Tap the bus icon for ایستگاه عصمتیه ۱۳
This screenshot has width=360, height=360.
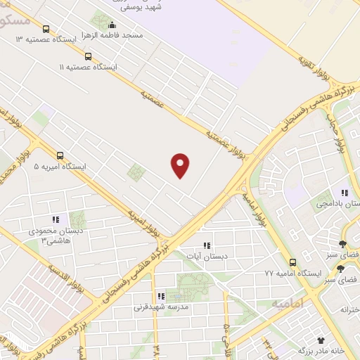click(x=46, y=29)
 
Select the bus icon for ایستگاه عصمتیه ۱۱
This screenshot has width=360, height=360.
click(x=88, y=56)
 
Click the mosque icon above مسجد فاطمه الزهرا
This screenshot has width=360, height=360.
click(x=112, y=25)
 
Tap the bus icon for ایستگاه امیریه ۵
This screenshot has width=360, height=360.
click(x=60, y=156)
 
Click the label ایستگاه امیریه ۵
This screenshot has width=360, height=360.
click(x=60, y=167)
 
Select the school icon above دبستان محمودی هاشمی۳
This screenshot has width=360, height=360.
click(x=56, y=219)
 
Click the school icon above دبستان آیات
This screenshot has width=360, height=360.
click(x=207, y=245)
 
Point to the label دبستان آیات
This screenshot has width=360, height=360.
click(x=207, y=257)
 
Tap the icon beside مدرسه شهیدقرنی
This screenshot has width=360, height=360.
click(x=161, y=297)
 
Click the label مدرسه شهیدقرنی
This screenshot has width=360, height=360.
click(x=160, y=307)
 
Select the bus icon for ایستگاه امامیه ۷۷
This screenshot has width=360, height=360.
click(x=293, y=262)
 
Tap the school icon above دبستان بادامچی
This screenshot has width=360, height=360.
click(x=345, y=192)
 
